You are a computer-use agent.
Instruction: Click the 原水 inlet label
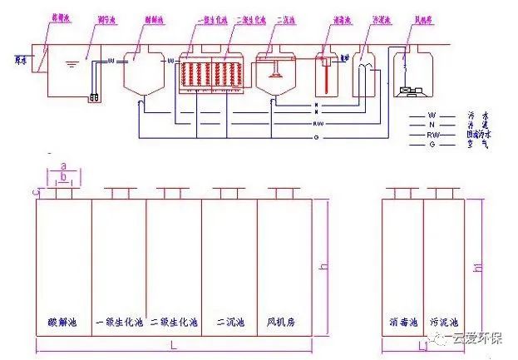[21, 58]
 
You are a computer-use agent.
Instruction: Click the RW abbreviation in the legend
[433, 133]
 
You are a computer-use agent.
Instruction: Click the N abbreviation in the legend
[432, 125]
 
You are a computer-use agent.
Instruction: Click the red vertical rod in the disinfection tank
[327, 82]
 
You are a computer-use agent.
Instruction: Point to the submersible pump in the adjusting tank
[94, 97]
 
